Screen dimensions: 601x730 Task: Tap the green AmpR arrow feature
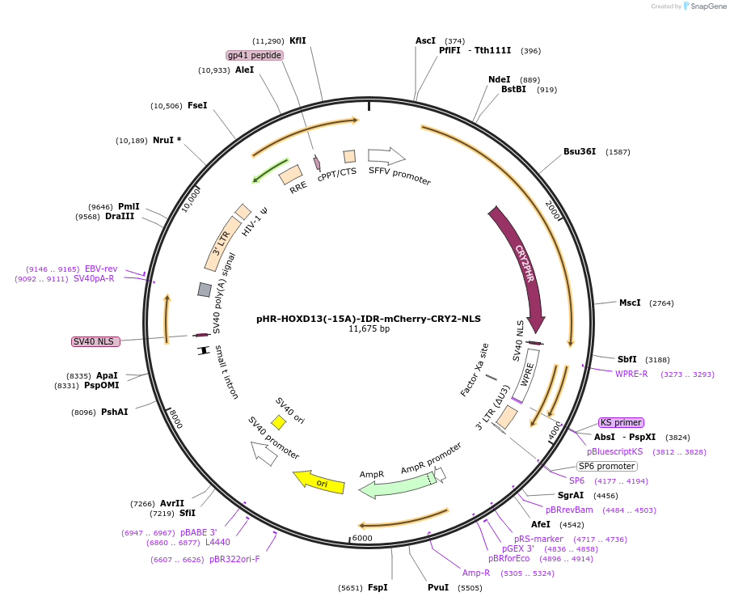point(396,487)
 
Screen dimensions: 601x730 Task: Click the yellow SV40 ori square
point(278,422)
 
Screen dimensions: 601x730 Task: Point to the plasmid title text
point(368,319)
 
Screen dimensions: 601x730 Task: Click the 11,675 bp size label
point(369,329)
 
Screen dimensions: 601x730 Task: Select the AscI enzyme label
point(425,40)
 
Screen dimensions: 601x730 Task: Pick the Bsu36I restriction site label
point(580,151)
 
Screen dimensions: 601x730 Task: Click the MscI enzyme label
point(629,303)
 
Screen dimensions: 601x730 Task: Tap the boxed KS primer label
point(621,422)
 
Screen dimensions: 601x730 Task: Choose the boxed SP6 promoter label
point(606,466)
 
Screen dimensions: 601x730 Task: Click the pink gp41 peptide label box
point(255,55)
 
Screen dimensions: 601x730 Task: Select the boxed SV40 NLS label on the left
point(95,341)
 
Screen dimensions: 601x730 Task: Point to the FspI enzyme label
point(378,587)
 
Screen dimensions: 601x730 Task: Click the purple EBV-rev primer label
point(101,269)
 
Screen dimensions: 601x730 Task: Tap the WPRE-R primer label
point(631,374)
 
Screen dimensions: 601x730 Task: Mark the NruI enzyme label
point(167,140)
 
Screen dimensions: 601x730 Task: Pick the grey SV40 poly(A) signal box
point(205,290)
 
